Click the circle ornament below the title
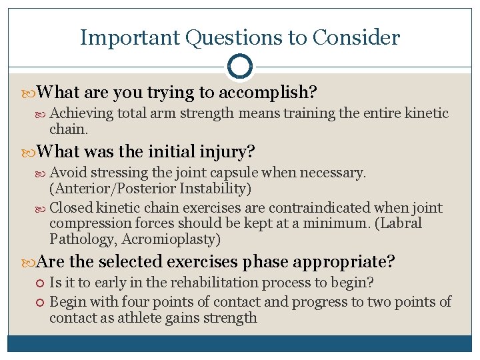pyautogui.click(x=240, y=67)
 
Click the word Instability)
pyautogui.click(x=213, y=189)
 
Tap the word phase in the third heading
pyautogui.click(x=265, y=261)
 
